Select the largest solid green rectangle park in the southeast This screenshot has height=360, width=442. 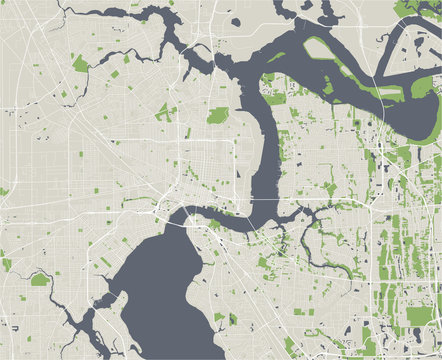(x=417, y=315)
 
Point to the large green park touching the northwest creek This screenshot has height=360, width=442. (x=81, y=63)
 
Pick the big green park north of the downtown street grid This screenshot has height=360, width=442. (x=217, y=115)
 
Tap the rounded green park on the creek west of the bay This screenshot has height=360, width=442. (x=40, y=279)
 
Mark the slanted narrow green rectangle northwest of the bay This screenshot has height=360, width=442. (x=105, y=262)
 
